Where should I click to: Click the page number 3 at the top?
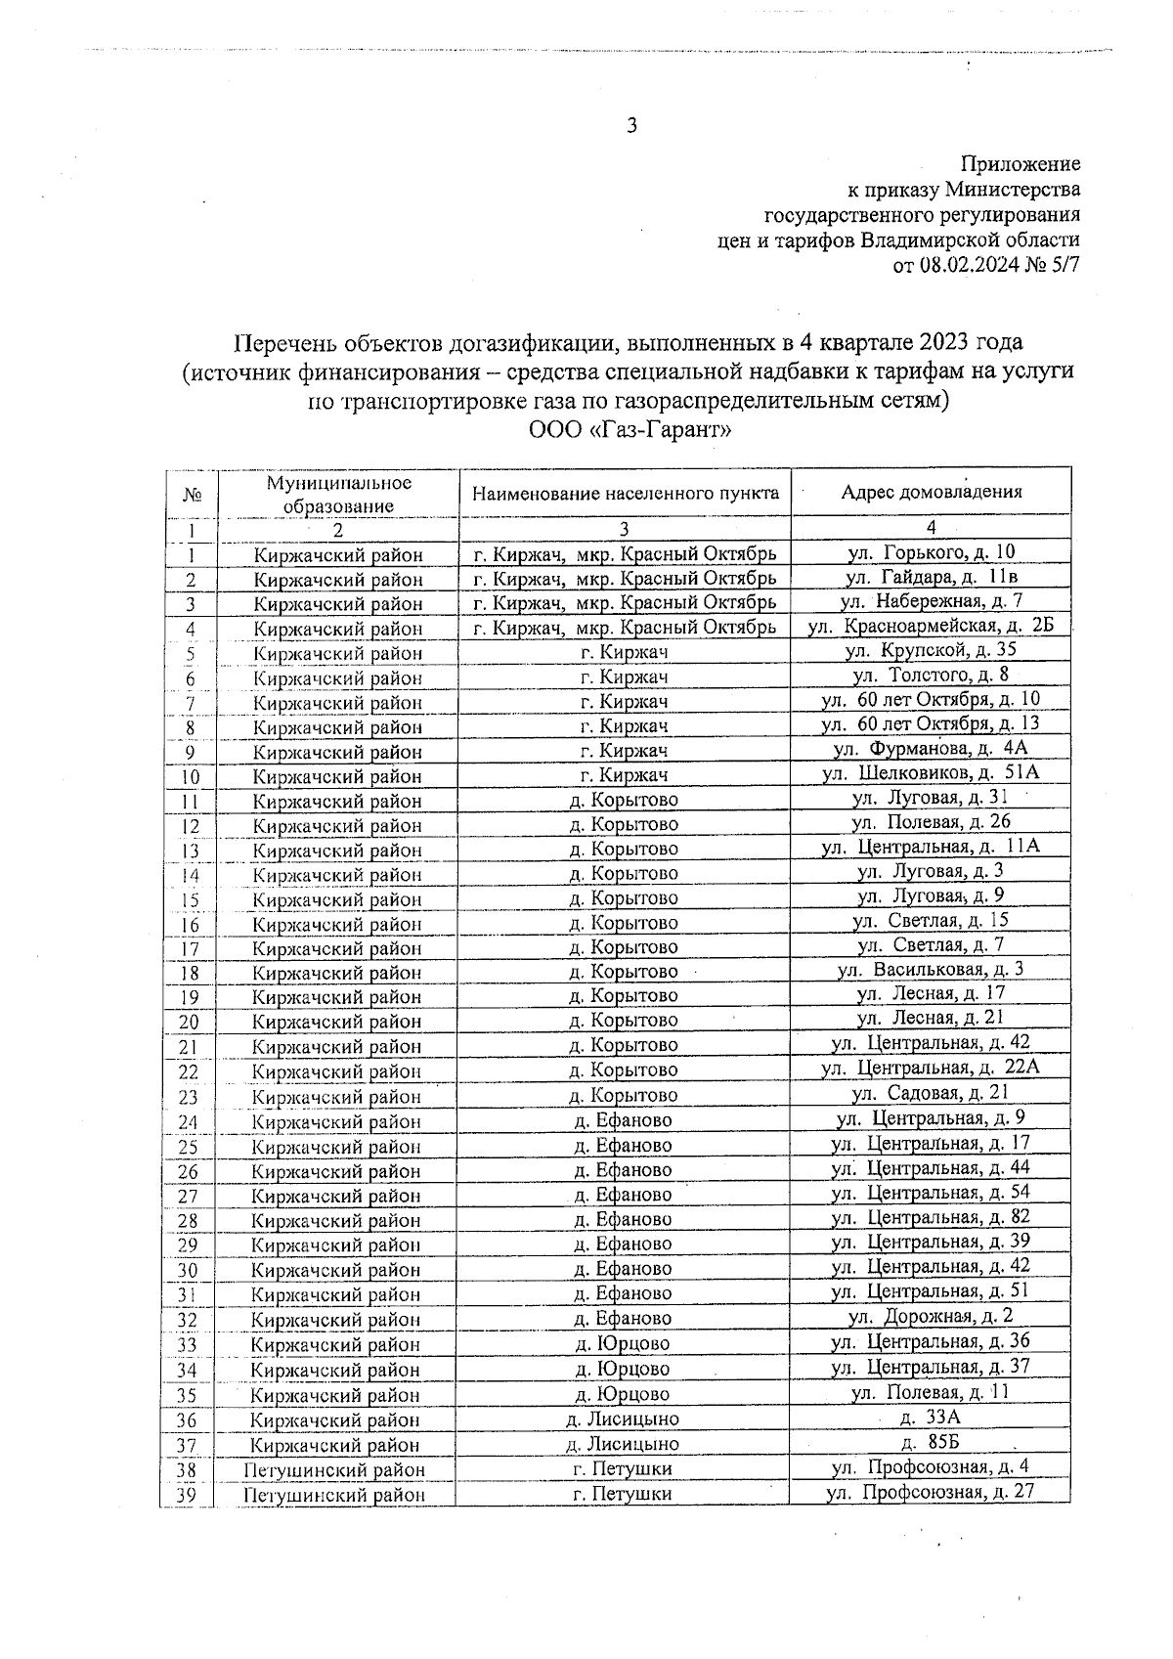pyautogui.click(x=631, y=125)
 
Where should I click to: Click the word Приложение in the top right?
pyautogui.click(x=1021, y=164)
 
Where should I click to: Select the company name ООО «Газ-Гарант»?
pyautogui.click(x=630, y=429)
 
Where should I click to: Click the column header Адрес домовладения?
pyautogui.click(x=931, y=492)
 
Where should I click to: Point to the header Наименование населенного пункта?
pyautogui.click(x=625, y=493)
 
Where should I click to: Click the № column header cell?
pyautogui.click(x=192, y=495)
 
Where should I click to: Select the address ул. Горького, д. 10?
pyautogui.click(x=931, y=552)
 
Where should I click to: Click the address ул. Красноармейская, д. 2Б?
pyautogui.click(x=931, y=626)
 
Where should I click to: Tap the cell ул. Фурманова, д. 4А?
pyautogui.click(x=931, y=749)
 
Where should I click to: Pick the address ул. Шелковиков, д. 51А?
pyautogui.click(x=931, y=773)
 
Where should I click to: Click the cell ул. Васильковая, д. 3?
pyautogui.click(x=931, y=970)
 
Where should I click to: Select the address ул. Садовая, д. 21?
pyautogui.click(x=931, y=1093)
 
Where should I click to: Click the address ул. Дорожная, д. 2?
pyautogui.click(x=931, y=1316)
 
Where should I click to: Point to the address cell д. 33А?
pyautogui.click(x=931, y=1417)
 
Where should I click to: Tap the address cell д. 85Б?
pyautogui.click(x=931, y=1442)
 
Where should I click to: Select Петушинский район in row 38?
pyautogui.click(x=334, y=1470)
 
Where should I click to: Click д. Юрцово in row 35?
pyautogui.click(x=622, y=1394)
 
